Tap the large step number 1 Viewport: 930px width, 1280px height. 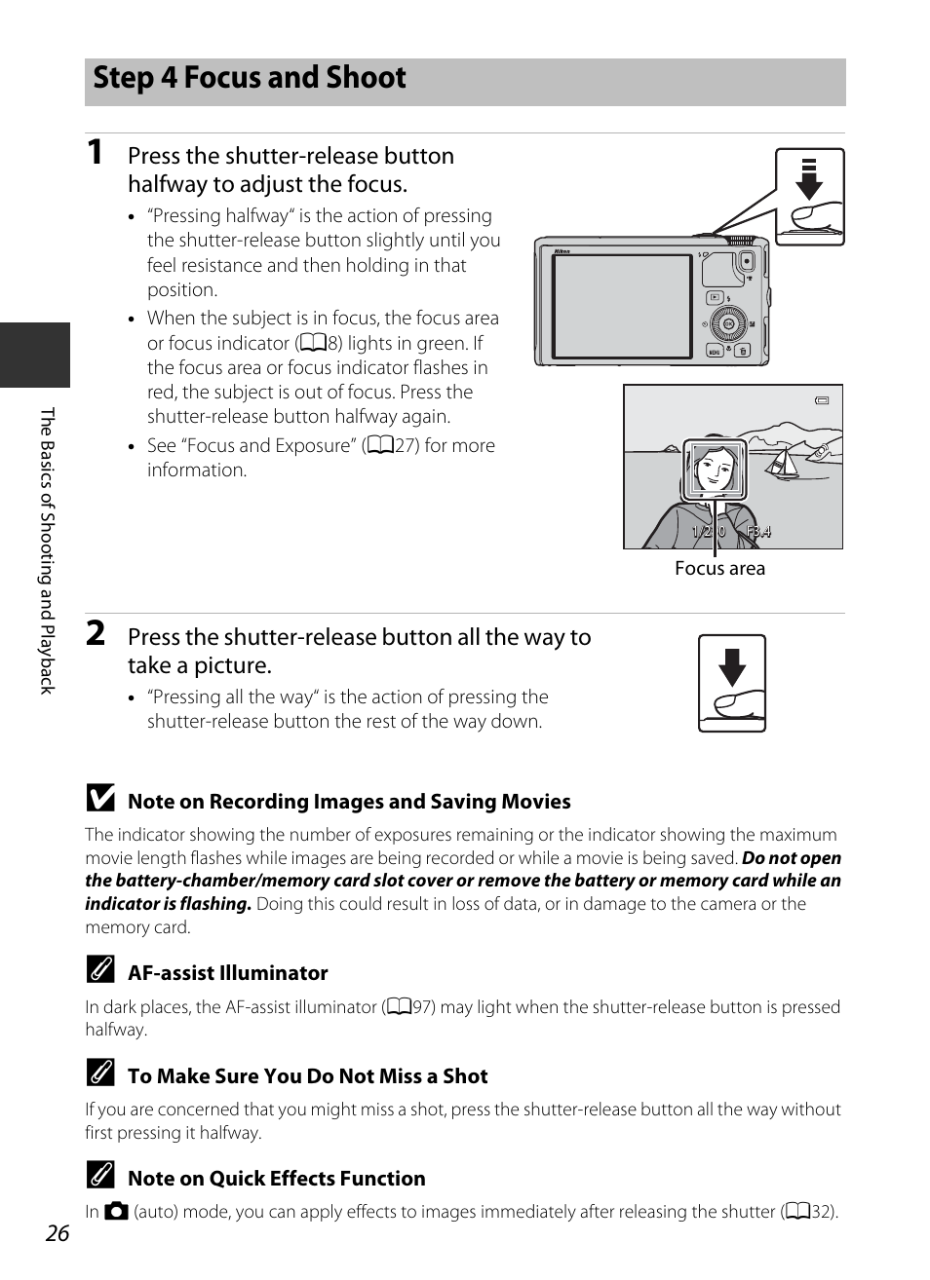point(95,152)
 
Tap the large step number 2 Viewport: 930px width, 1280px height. point(95,633)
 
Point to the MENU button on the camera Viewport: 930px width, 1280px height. point(715,352)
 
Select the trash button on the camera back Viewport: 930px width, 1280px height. point(743,351)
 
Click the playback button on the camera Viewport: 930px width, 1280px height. point(715,297)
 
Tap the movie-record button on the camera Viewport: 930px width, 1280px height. point(747,261)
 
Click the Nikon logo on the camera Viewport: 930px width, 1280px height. point(562,251)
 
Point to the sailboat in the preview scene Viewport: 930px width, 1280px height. point(781,464)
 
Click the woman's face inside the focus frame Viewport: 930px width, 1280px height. point(715,468)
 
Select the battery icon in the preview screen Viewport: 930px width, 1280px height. point(822,399)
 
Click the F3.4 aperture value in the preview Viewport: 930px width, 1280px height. point(758,532)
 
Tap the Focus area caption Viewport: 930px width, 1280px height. point(719,569)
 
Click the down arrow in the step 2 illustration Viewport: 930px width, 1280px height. point(732,667)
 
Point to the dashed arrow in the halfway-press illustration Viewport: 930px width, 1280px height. point(808,178)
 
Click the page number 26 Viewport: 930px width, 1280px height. point(58,1233)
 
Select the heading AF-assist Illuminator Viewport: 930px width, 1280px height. point(228,973)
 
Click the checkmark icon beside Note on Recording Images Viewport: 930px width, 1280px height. point(98,800)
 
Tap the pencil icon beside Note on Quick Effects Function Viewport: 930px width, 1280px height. point(98,1177)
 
